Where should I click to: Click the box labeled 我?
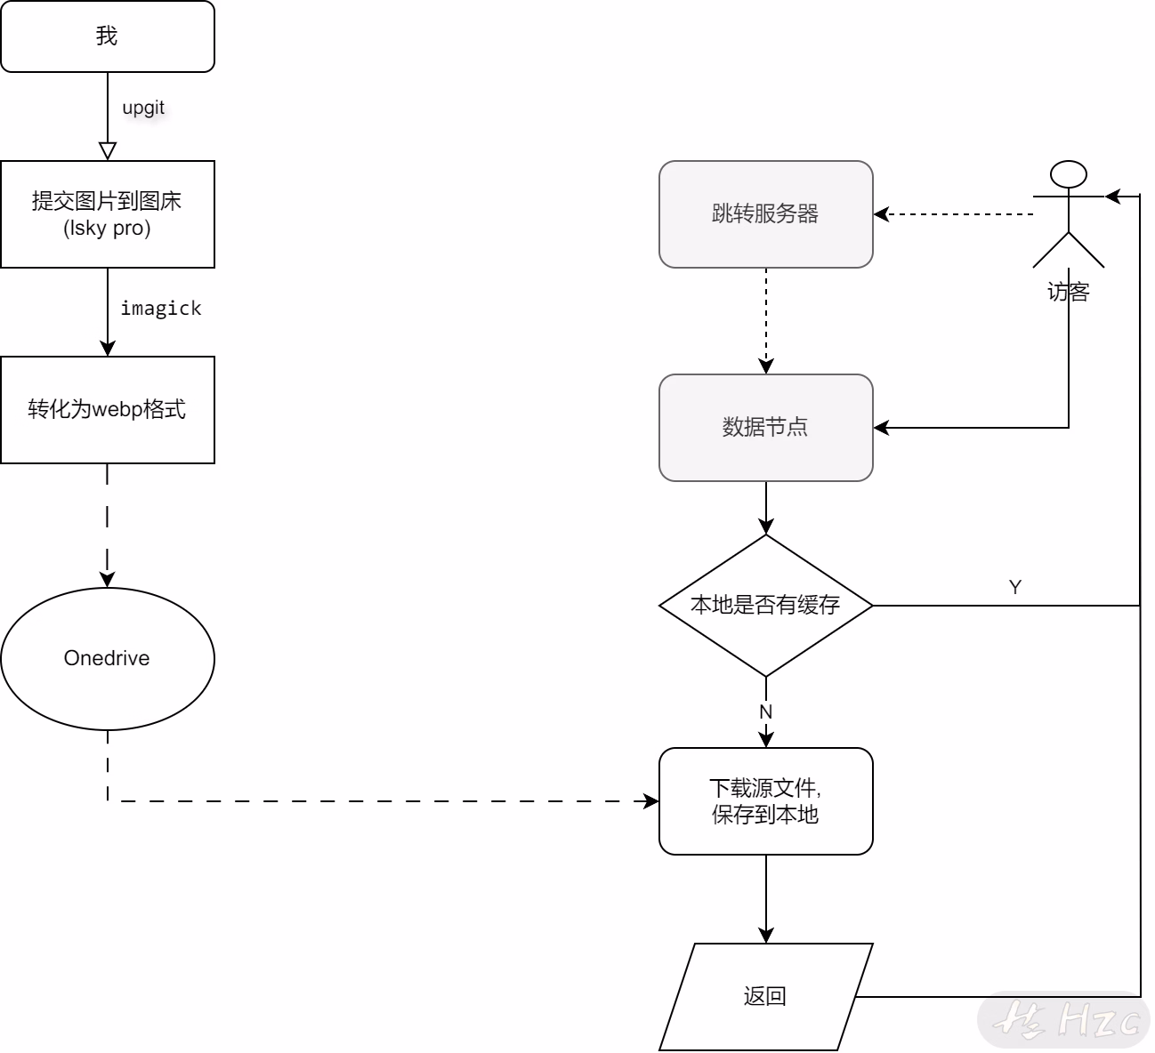pos(108,36)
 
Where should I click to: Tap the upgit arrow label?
pos(143,108)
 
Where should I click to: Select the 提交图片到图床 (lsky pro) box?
pos(108,214)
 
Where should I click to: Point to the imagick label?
pos(161,309)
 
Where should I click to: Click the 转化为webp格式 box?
pos(108,410)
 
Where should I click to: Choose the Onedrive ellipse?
pos(108,659)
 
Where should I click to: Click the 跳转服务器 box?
pos(766,214)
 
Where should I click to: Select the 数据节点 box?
pos(766,428)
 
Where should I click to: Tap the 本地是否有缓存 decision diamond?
pos(766,606)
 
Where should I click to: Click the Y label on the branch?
pos(1015,587)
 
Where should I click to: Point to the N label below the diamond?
pos(766,712)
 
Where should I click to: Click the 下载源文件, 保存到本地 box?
pos(766,801)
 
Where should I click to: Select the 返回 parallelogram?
pos(766,997)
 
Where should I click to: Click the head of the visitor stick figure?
pos(1069,174)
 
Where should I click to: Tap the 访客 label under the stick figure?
pos(1069,292)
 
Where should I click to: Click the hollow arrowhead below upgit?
pos(108,151)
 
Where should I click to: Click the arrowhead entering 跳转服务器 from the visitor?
pos(882,214)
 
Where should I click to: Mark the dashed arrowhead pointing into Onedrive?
pos(108,579)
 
